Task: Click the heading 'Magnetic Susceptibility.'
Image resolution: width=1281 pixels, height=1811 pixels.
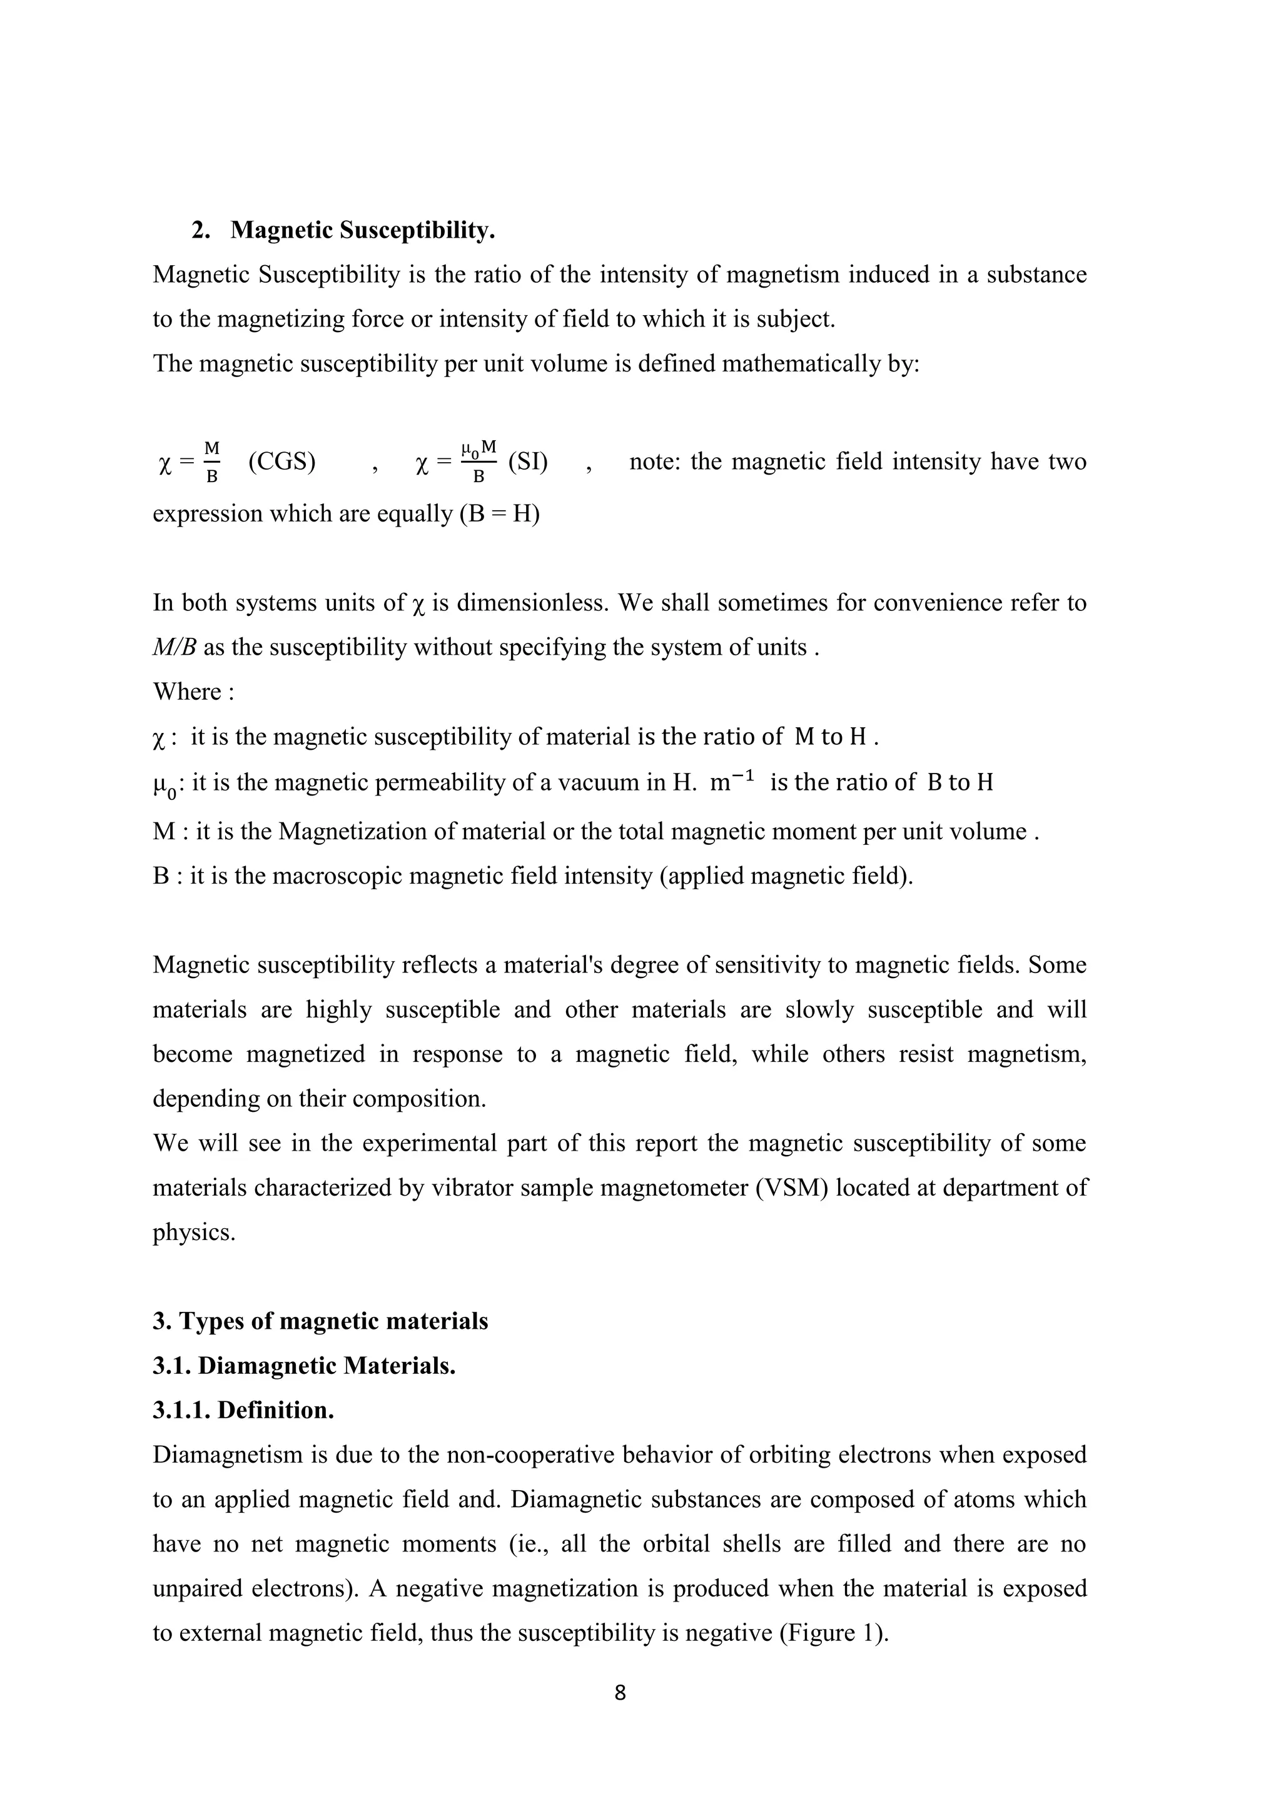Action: point(363,230)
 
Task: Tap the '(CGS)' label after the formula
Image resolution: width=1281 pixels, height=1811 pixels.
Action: point(281,462)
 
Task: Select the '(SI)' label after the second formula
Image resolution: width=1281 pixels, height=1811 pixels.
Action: point(528,462)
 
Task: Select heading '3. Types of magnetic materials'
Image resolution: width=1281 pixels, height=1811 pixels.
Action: point(320,1321)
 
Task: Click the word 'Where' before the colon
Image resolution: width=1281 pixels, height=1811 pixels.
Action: point(187,692)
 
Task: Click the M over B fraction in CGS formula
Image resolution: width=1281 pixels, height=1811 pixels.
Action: point(211,462)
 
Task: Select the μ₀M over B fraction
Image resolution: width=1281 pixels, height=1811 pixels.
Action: point(478,462)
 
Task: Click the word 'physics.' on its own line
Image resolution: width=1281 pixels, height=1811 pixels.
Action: point(194,1232)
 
